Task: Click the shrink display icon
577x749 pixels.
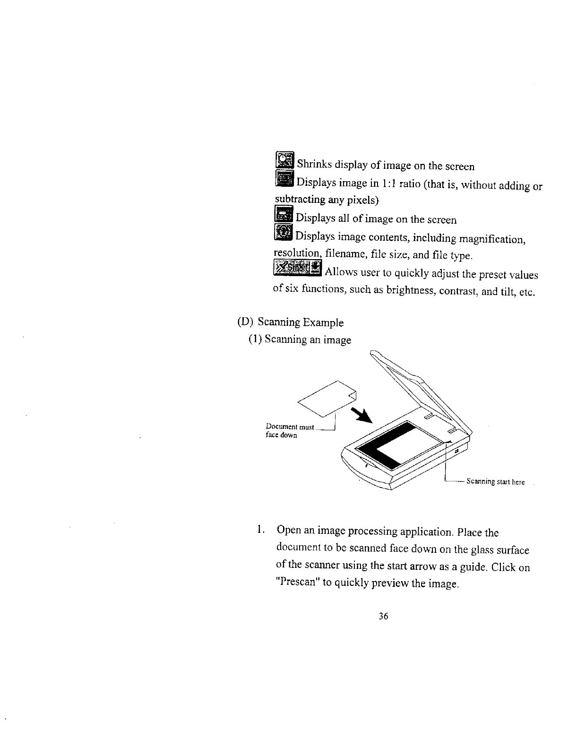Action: [x=284, y=160]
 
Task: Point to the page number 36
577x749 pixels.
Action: [x=383, y=616]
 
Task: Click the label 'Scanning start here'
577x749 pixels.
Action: [x=495, y=482]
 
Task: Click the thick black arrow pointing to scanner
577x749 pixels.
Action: [x=363, y=416]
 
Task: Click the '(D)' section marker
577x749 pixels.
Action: [x=245, y=322]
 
